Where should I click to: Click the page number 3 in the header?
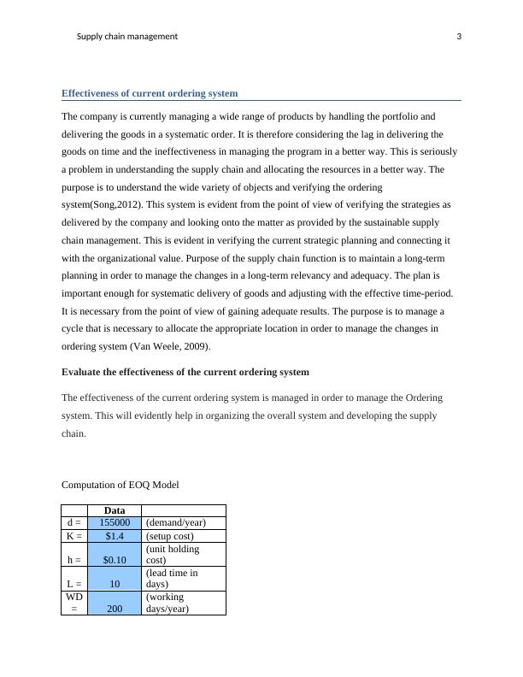point(459,37)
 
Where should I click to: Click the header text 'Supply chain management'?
point(127,37)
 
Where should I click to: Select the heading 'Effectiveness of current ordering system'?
point(150,93)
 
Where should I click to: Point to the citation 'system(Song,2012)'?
point(104,205)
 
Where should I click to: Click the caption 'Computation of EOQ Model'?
point(120,485)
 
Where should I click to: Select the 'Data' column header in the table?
point(114,510)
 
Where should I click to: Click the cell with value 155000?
point(114,523)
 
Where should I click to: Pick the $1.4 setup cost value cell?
point(114,536)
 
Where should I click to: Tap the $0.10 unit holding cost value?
point(114,560)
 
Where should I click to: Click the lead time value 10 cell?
point(114,584)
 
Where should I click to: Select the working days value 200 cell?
point(114,609)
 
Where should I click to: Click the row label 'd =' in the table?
point(73,523)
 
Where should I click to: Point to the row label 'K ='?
point(73,536)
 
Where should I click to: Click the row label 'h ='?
point(73,560)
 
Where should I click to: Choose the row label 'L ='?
point(73,584)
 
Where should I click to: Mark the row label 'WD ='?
point(73,603)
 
